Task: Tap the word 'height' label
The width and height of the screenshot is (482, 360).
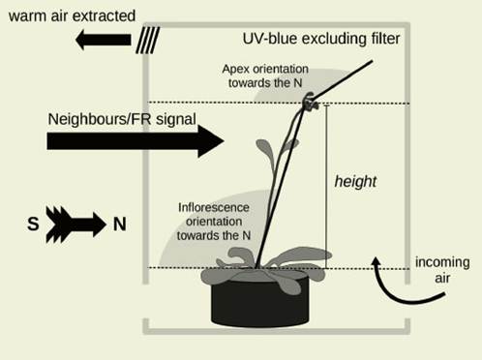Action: coord(355,181)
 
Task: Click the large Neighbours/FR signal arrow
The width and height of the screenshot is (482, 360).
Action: coord(135,140)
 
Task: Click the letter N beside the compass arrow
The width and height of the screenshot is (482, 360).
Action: coord(120,224)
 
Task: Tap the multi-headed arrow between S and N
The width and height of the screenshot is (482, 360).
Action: coord(76,224)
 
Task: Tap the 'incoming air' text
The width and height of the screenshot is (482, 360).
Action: coord(441,271)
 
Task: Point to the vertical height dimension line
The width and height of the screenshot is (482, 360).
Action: coord(326,185)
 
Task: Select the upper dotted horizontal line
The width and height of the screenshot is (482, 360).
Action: coord(242,103)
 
